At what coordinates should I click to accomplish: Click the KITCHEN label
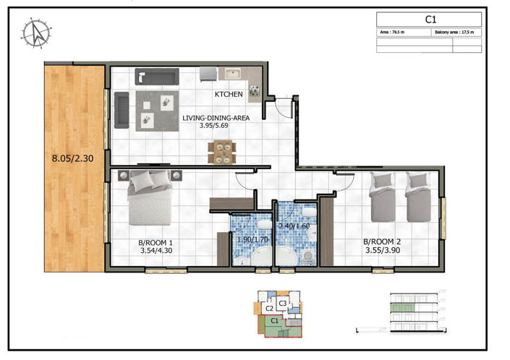(x=228, y=95)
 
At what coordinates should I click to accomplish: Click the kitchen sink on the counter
(x=234, y=74)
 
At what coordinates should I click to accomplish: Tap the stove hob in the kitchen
(x=255, y=90)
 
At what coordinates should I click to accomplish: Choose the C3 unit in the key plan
(x=284, y=302)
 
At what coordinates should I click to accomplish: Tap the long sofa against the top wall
(x=156, y=76)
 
